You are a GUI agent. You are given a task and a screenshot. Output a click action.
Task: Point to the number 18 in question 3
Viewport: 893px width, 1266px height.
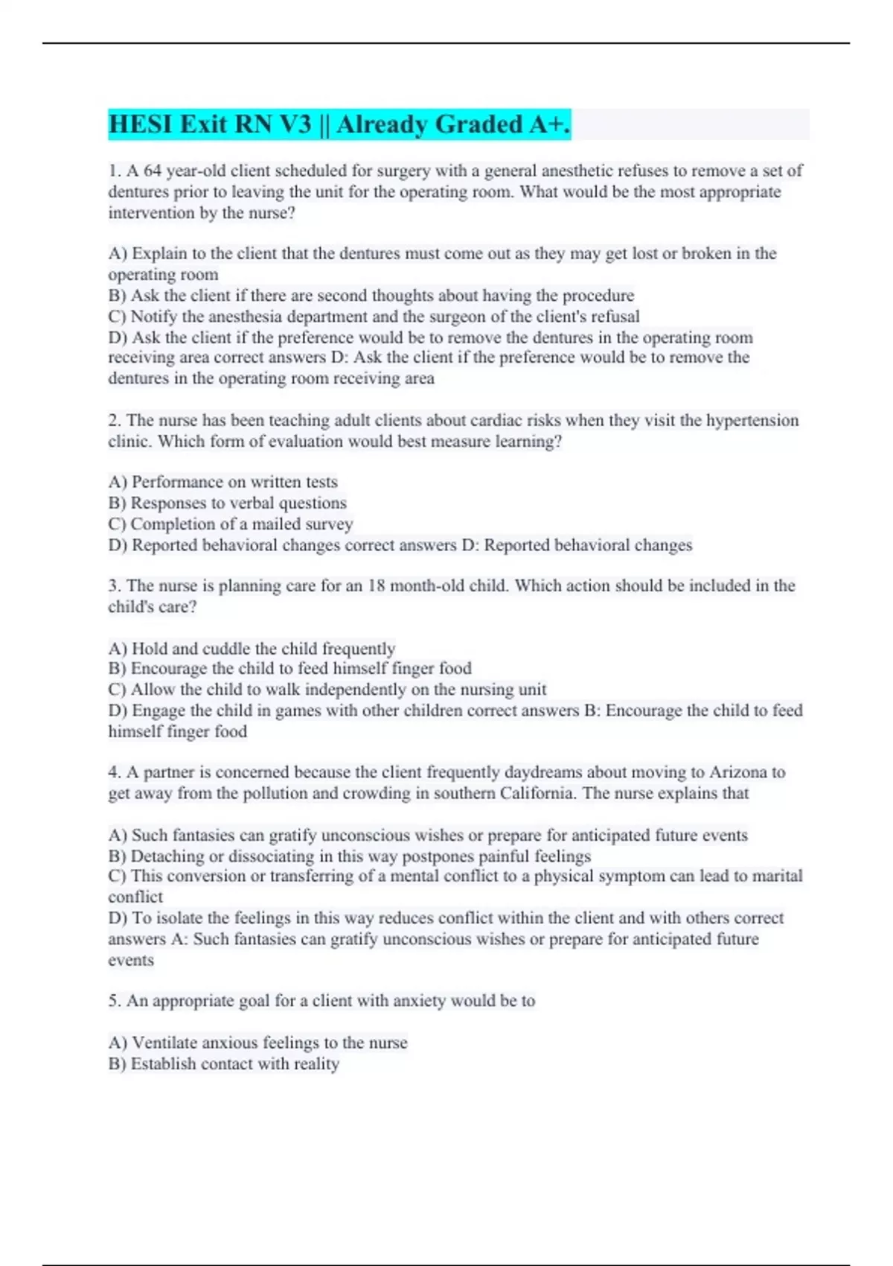tap(377, 586)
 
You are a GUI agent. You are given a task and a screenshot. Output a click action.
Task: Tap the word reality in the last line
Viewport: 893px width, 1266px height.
tap(316, 1063)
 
